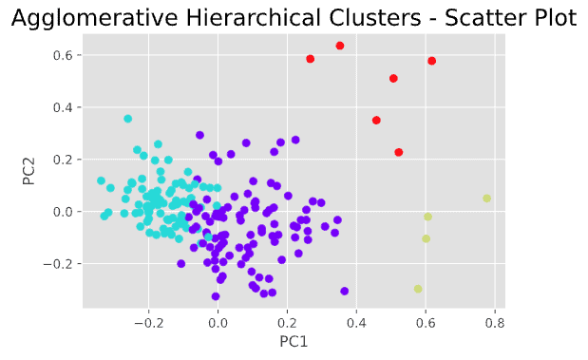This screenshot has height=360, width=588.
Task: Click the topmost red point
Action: (340, 46)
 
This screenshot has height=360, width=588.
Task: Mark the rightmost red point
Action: (432, 61)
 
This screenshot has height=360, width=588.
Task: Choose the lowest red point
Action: (399, 152)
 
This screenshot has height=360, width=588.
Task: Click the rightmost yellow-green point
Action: (486, 199)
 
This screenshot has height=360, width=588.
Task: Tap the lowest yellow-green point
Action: (418, 289)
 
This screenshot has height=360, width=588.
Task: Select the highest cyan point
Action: (128, 119)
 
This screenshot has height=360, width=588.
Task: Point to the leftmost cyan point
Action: (101, 180)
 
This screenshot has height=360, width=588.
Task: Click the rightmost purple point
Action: (344, 291)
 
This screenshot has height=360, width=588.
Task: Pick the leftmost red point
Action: (311, 59)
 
